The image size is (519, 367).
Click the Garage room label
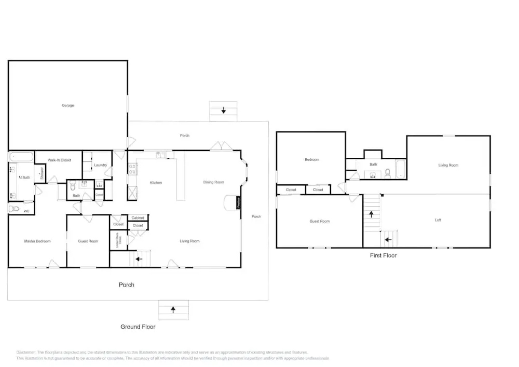pyautogui.click(x=68, y=105)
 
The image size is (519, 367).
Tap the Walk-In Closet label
pyautogui.click(x=59, y=160)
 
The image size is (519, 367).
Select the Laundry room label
pyautogui.click(x=100, y=165)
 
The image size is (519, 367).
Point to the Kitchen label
pyautogui.click(x=156, y=183)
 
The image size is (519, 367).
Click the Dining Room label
pyautogui.click(x=213, y=182)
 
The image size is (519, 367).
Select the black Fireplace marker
pyautogui.click(x=238, y=203)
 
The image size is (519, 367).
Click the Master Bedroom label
pyautogui.click(x=37, y=241)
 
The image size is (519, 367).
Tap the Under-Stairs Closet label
pyautogui.click(x=118, y=240)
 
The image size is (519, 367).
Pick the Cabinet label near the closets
pyautogui.click(x=138, y=218)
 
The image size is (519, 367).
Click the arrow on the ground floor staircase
pyautogui.click(x=139, y=259)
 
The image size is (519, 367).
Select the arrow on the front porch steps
pyautogui.click(x=173, y=310)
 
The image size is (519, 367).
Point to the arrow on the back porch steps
pyautogui.click(x=223, y=110)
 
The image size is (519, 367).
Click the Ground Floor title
pyautogui.click(x=138, y=327)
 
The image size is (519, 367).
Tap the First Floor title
pyautogui.click(x=383, y=256)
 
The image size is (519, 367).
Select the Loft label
pyautogui.click(x=438, y=220)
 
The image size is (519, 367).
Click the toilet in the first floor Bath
pyautogui.click(x=388, y=174)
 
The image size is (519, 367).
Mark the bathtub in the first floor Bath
pyautogui.click(x=401, y=169)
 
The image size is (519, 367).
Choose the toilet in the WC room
pyautogui.click(x=14, y=209)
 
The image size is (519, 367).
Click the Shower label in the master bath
pyautogui.click(x=42, y=173)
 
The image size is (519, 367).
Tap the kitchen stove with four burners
pyautogui.click(x=132, y=169)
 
